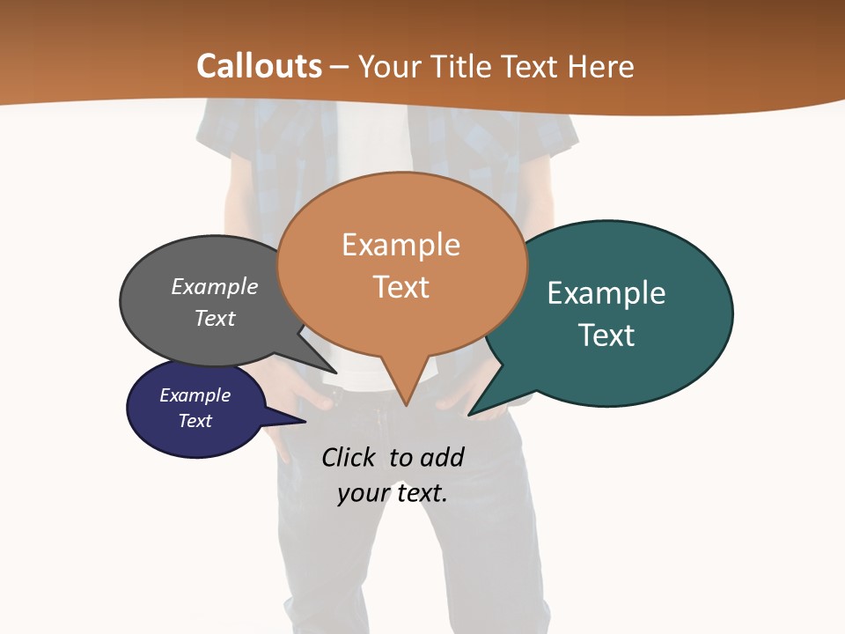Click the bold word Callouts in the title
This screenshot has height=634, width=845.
tap(259, 66)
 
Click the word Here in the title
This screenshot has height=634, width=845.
tap(601, 66)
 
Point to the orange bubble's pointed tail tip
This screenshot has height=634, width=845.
tap(406, 405)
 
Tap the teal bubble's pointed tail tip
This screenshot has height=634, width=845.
tap(469, 415)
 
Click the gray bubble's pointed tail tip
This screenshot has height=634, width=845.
tap(334, 372)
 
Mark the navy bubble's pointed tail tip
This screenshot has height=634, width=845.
tap(305, 422)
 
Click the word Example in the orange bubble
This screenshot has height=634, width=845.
tap(400, 245)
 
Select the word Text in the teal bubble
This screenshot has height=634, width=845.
tap(606, 335)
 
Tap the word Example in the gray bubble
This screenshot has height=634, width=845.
tap(215, 286)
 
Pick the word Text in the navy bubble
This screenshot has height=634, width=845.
tap(195, 420)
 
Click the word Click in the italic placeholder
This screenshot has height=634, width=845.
tap(348, 457)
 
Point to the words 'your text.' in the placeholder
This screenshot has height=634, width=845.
tap(393, 492)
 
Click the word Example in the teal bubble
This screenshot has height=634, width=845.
tap(606, 292)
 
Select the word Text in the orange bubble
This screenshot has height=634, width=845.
tap(400, 287)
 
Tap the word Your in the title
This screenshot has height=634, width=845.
tap(388, 66)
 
